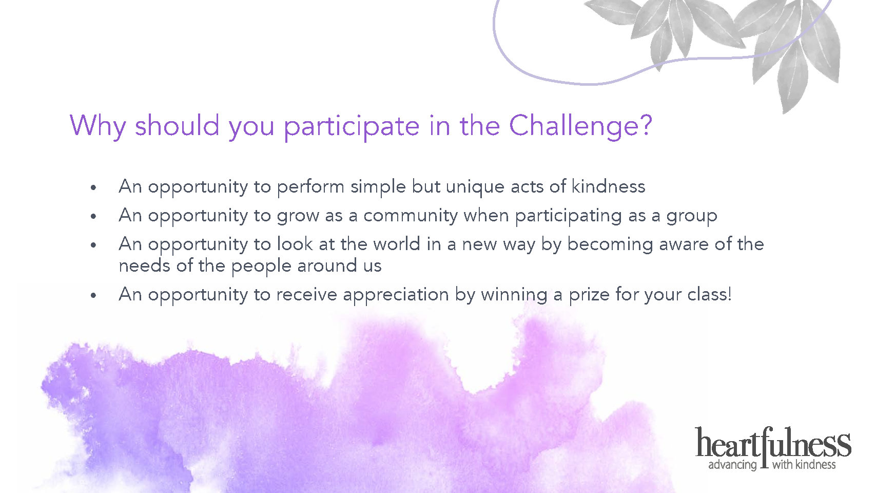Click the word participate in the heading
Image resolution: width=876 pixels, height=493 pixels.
(352, 127)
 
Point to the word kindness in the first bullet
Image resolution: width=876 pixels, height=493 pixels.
(608, 186)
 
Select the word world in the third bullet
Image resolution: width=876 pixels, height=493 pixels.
(397, 244)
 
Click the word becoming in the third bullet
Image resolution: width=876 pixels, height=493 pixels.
(610, 245)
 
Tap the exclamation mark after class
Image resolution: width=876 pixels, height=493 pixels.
(729, 294)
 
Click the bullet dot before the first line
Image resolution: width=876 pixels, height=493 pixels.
(93, 188)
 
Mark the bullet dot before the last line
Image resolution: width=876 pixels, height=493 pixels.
(93, 296)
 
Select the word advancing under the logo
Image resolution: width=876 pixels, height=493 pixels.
(732, 465)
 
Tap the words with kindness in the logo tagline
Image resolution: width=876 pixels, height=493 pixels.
(804, 464)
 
